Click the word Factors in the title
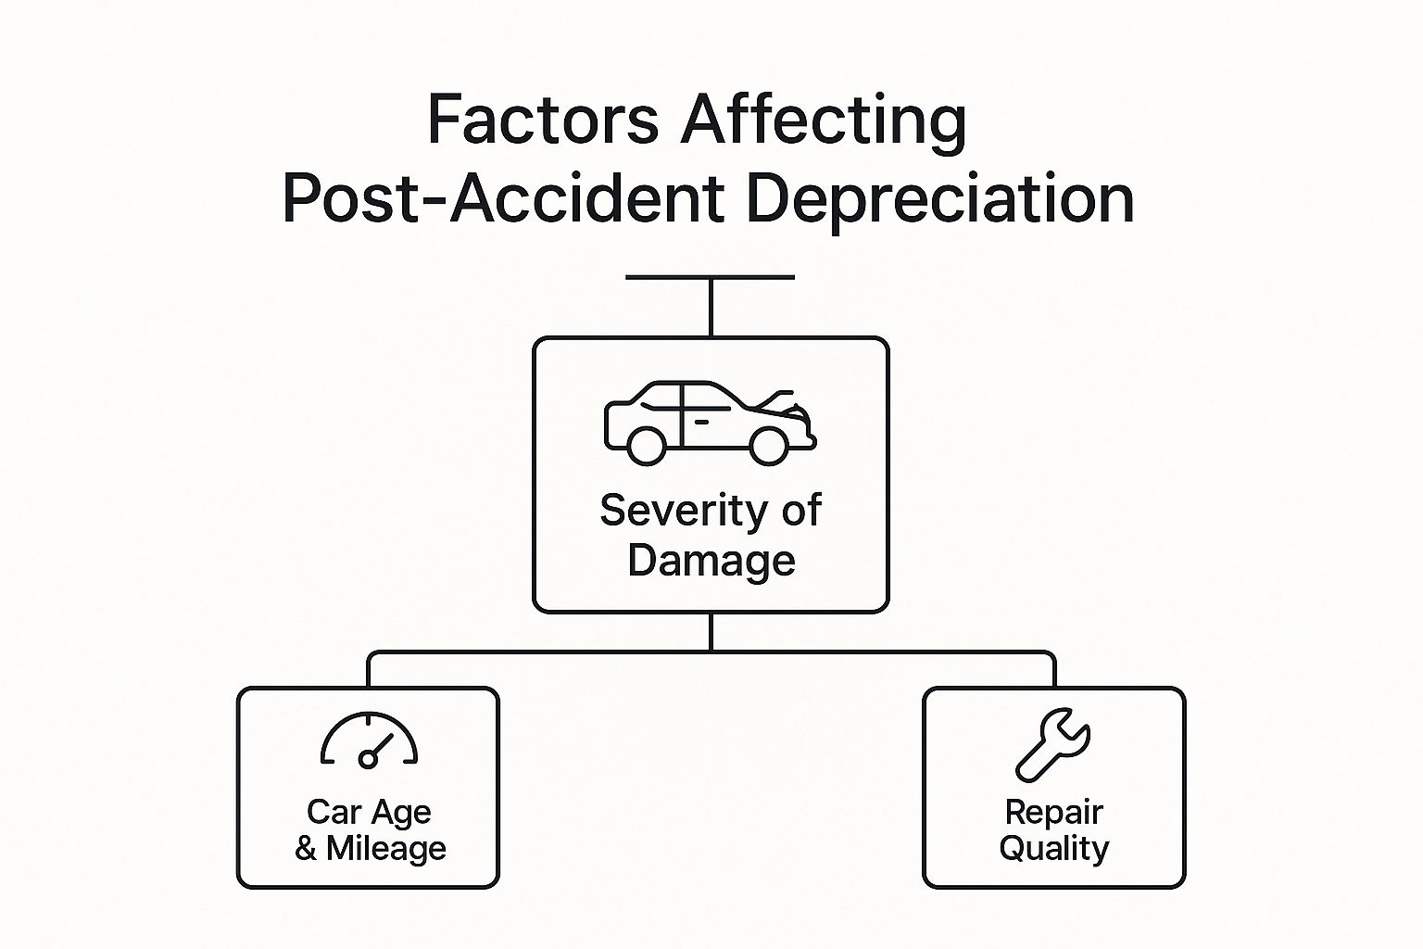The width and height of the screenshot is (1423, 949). pyautogui.click(x=542, y=120)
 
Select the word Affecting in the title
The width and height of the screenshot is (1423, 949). pyautogui.click(x=824, y=120)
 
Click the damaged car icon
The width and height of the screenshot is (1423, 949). pyautogui.click(x=710, y=422)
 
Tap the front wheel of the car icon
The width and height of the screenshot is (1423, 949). pyautogui.click(x=768, y=446)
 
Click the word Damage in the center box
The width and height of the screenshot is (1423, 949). pyautogui.click(x=711, y=561)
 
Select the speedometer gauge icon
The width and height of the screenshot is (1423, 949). pyautogui.click(x=369, y=740)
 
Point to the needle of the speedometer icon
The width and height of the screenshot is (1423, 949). pyautogui.click(x=381, y=747)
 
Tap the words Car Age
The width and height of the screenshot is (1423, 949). pyautogui.click(x=369, y=812)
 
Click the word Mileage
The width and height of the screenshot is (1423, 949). pyautogui.click(x=386, y=849)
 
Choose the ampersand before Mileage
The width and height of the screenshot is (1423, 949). pyautogui.click(x=306, y=849)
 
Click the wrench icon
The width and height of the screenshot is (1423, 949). pyautogui.click(x=1053, y=744)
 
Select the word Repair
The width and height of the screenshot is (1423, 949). pyautogui.click(x=1053, y=813)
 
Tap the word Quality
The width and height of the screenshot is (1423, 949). pyautogui.click(x=1053, y=849)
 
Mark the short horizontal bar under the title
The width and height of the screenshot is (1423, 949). pyautogui.click(x=710, y=277)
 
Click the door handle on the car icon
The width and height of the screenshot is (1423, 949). pyautogui.click(x=701, y=422)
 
